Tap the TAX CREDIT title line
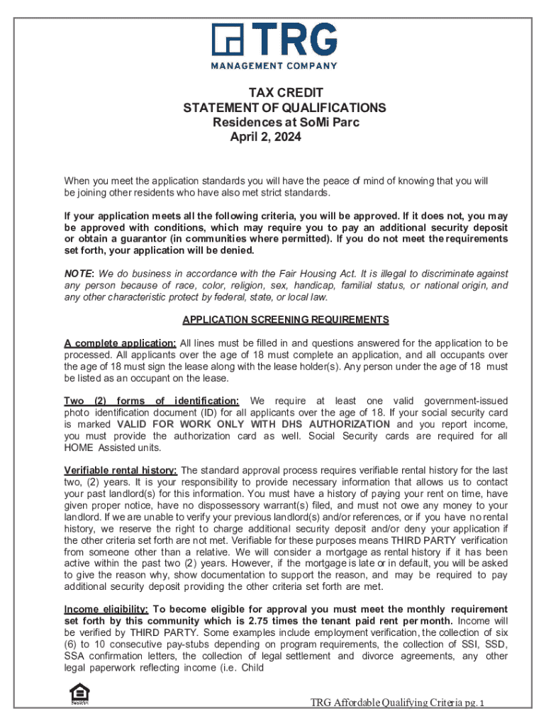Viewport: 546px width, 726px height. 285,93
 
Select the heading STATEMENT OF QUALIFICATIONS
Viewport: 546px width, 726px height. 285,108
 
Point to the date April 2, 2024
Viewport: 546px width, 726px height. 266,138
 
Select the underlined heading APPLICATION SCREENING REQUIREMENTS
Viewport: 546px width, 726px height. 286,320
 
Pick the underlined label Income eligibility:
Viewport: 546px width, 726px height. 106,610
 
